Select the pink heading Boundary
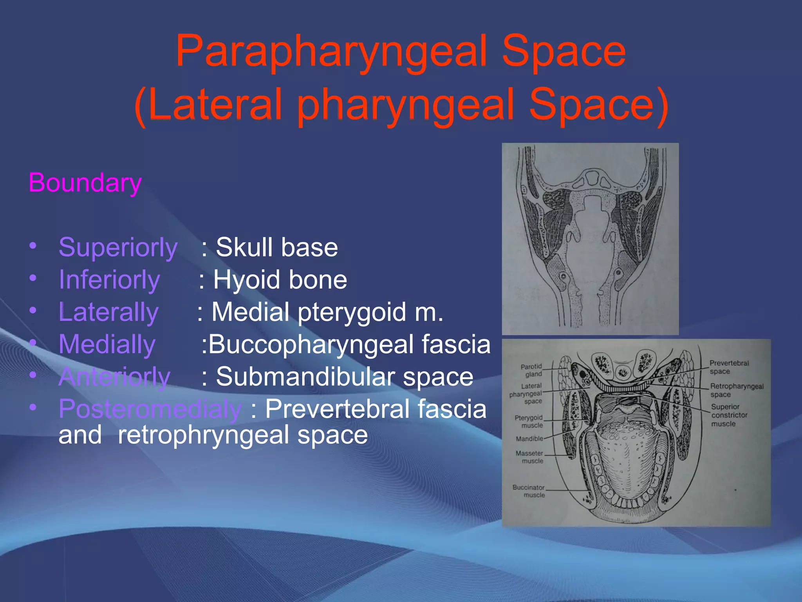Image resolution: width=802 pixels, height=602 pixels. pyautogui.click(x=85, y=183)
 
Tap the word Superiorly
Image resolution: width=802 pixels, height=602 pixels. pyautogui.click(x=118, y=248)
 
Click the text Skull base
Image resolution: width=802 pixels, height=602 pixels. pyautogui.click(x=276, y=248)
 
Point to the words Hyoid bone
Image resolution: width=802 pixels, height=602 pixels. pyautogui.click(x=280, y=280)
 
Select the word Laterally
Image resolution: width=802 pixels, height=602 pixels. pyautogui.click(x=108, y=312)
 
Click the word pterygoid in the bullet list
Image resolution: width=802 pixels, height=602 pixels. pyautogui.click(x=352, y=312)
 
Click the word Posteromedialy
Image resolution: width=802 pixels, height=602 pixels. pyautogui.click(x=150, y=409)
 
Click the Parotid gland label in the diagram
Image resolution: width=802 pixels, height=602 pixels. pyautogui.click(x=531, y=370)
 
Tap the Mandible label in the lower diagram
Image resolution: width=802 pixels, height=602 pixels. pyautogui.click(x=529, y=439)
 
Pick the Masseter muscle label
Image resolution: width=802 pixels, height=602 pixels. pyautogui.click(x=529, y=457)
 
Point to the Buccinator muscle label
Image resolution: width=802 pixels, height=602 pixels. pyautogui.click(x=529, y=491)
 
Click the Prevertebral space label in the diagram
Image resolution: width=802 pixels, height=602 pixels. pyautogui.click(x=728, y=367)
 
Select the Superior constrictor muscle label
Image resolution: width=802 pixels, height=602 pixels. pyautogui.click(x=729, y=415)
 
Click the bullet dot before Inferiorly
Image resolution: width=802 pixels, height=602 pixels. pyautogui.click(x=33, y=278)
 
